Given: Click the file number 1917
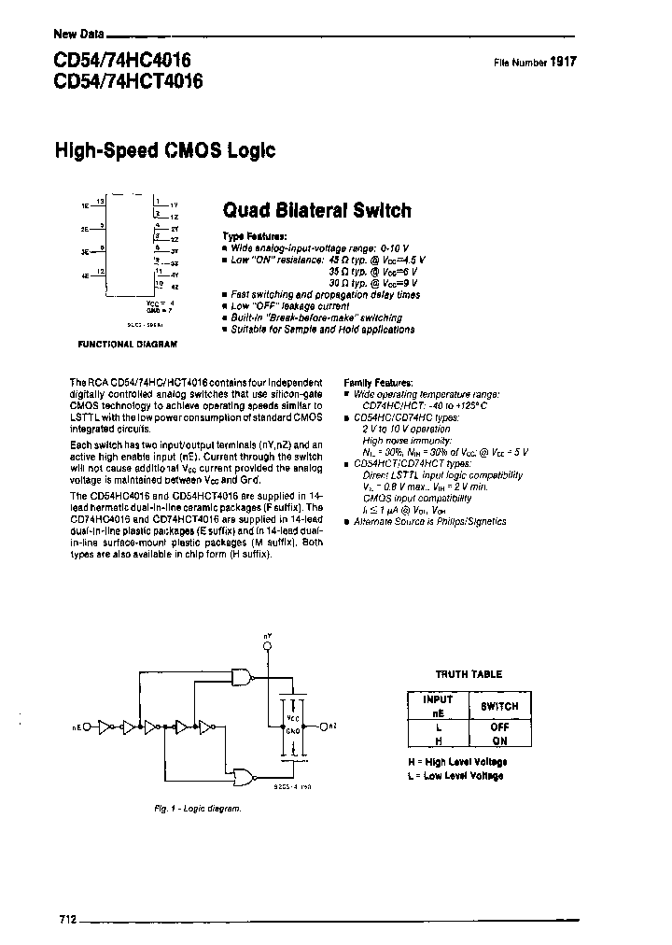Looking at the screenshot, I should point(563,62).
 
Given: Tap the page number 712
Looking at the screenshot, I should point(65,918).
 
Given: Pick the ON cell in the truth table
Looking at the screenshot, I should point(499,740).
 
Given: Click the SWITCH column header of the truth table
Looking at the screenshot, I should point(499,705).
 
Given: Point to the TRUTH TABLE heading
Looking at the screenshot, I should point(469,673).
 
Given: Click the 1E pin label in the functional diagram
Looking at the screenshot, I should point(85,204).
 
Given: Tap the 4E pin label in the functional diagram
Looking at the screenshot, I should point(85,276).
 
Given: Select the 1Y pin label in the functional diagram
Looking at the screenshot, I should point(174,204).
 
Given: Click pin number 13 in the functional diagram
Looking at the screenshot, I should point(101,200).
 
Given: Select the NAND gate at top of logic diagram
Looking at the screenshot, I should point(242,679).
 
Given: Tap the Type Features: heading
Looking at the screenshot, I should point(255,236).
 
